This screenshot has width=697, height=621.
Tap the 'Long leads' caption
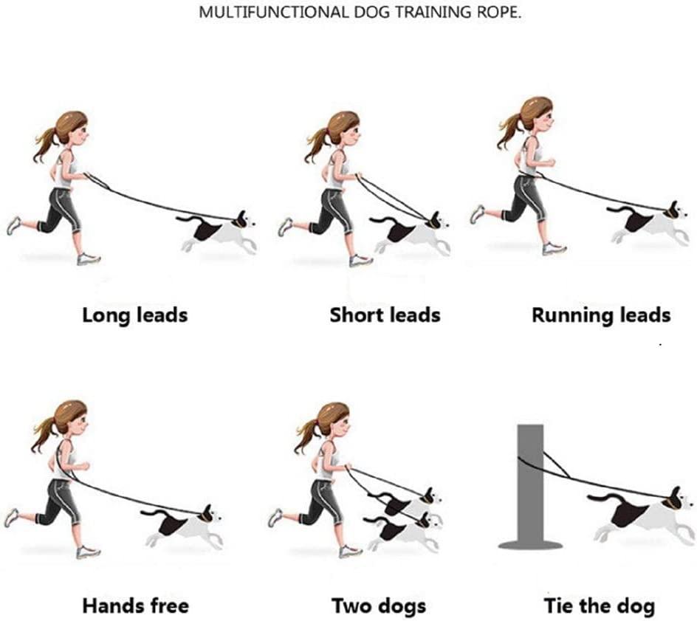134,315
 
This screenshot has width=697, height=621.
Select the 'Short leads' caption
385,315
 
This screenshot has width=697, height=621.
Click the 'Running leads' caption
600,315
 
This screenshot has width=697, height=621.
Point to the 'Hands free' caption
135,606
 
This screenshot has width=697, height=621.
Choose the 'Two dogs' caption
378,606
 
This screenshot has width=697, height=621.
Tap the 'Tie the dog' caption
599,606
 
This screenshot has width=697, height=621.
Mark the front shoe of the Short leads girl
360,260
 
